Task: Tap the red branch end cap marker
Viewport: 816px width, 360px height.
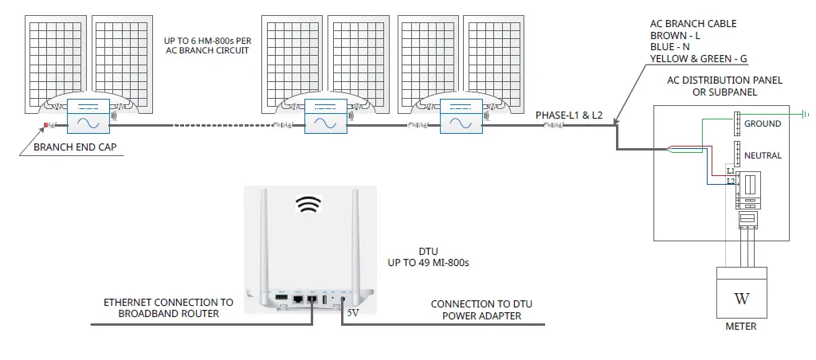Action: click(46, 124)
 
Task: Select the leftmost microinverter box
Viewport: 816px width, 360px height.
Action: click(87, 116)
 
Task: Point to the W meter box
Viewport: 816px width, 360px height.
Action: click(742, 299)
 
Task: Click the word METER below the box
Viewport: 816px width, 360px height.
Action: click(741, 327)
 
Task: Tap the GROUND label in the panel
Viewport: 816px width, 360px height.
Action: click(763, 124)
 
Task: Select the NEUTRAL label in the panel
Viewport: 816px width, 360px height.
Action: click(763, 155)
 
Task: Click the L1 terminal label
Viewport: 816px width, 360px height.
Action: click(730, 171)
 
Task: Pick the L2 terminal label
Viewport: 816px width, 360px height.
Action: click(730, 182)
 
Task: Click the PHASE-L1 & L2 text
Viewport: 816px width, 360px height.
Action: click(569, 116)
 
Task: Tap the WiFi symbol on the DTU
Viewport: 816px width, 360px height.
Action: click(306, 205)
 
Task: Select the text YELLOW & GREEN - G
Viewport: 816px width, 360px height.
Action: click(699, 58)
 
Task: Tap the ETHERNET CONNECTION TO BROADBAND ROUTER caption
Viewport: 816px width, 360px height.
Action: click(168, 308)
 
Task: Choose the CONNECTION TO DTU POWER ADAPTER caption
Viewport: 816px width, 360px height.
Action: click(477, 310)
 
